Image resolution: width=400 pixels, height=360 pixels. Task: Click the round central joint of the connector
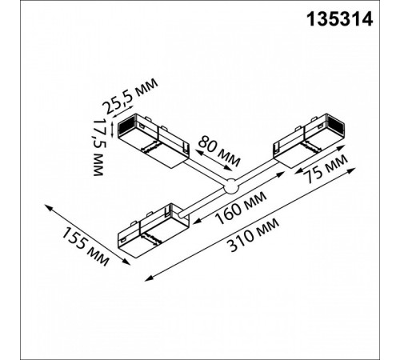[x=231, y=188]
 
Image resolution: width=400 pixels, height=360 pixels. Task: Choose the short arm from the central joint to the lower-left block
[x=206, y=202]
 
